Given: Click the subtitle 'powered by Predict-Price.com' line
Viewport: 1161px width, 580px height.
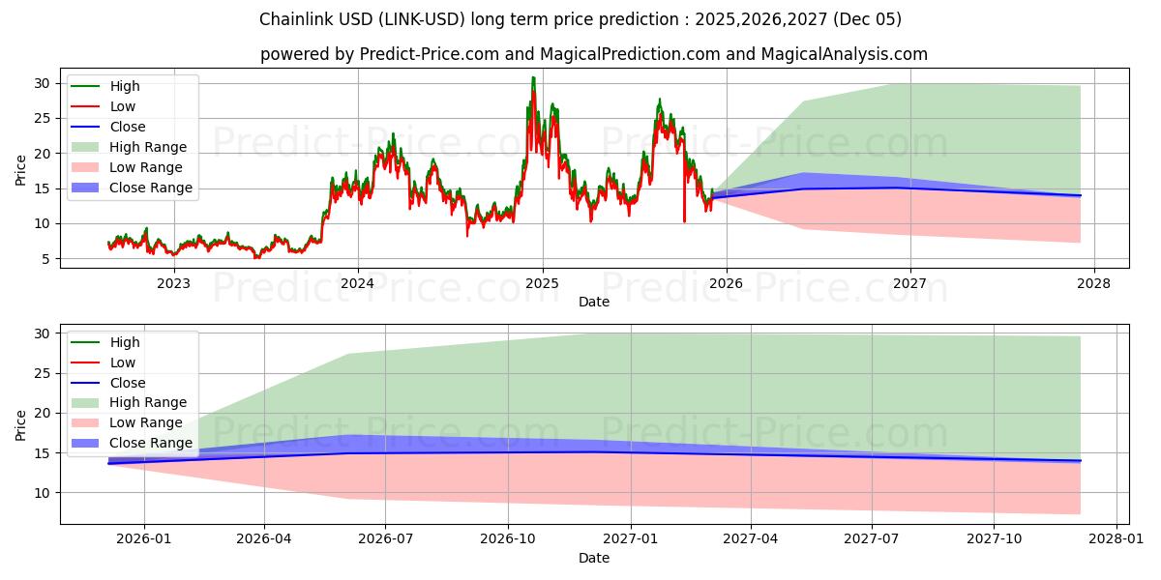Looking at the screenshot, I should click(593, 54).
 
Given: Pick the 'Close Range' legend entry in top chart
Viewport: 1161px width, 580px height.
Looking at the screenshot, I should click(150, 188).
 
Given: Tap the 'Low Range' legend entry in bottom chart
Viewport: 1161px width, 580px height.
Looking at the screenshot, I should click(146, 422).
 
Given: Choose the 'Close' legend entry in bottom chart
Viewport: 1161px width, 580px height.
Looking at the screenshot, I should click(127, 383).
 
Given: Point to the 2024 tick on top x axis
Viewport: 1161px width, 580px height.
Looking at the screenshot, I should click(358, 282).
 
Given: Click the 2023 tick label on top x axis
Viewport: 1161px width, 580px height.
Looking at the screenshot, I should click(174, 282).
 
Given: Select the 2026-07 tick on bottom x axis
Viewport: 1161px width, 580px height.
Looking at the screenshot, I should click(385, 538).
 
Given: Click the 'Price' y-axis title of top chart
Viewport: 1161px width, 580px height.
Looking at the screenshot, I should click(21, 169).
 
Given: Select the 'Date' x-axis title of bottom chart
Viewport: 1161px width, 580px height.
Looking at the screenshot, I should click(593, 558).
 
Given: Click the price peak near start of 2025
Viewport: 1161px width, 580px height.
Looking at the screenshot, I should click(533, 78).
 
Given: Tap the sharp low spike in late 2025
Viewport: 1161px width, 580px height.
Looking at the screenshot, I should click(684, 220).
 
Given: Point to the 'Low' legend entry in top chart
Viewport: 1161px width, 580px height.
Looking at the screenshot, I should click(122, 106).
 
